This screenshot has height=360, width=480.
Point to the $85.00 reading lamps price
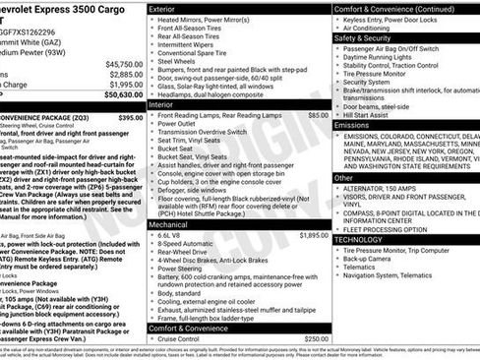[317, 115]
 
